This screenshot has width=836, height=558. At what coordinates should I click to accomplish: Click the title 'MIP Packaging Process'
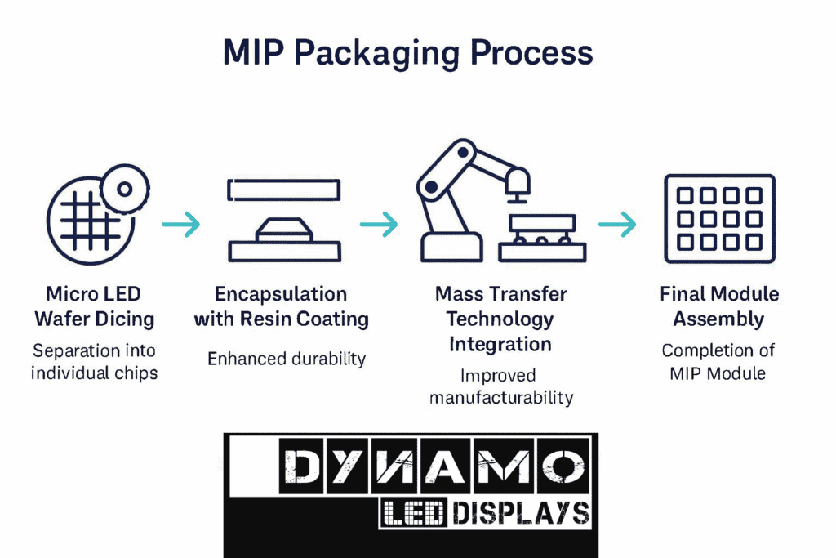click(x=407, y=53)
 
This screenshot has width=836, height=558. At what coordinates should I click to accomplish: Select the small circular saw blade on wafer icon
click(x=125, y=190)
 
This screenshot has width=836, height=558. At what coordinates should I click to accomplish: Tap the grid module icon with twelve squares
click(x=719, y=219)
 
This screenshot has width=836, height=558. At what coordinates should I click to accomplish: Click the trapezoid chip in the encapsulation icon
click(x=284, y=230)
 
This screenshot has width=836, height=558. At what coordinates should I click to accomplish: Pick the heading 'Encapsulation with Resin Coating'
click(x=281, y=306)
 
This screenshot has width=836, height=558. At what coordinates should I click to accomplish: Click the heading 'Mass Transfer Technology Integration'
click(x=500, y=319)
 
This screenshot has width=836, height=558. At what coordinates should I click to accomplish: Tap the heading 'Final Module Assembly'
click(x=719, y=306)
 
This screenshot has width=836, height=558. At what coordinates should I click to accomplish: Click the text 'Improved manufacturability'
click(x=501, y=386)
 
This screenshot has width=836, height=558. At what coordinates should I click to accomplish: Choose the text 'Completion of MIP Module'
click(x=718, y=362)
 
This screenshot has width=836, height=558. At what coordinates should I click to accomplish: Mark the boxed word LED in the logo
click(x=413, y=513)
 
